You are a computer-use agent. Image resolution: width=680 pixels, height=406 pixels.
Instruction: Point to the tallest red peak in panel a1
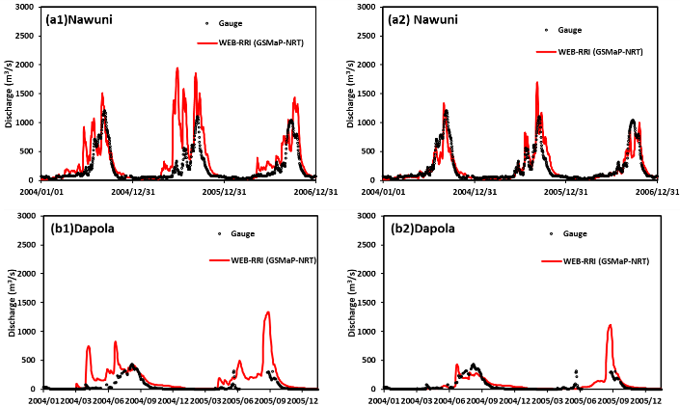[177, 68]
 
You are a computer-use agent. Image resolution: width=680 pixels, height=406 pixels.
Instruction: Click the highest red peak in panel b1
[267, 311]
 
